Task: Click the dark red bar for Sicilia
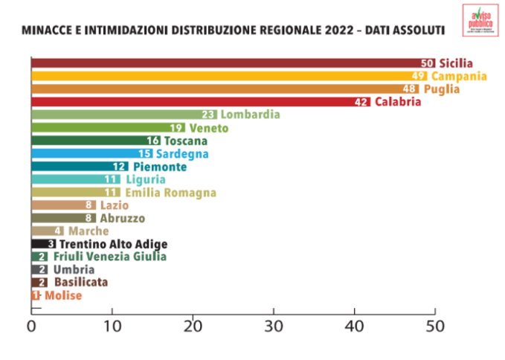pyautogui.click(x=223, y=63)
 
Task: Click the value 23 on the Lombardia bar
pyautogui.click(x=208, y=115)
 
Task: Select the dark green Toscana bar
pyautogui.click(x=89, y=141)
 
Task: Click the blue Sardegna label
pyautogui.click(x=182, y=154)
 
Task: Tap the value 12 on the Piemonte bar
pyautogui.click(x=120, y=167)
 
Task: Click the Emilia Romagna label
pyautogui.click(x=170, y=192)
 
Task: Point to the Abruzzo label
pyautogui.click(x=122, y=218)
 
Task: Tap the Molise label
pyautogui.click(x=62, y=295)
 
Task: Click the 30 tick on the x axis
pyautogui.click(x=274, y=326)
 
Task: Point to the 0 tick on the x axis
pyautogui.click(x=31, y=326)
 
